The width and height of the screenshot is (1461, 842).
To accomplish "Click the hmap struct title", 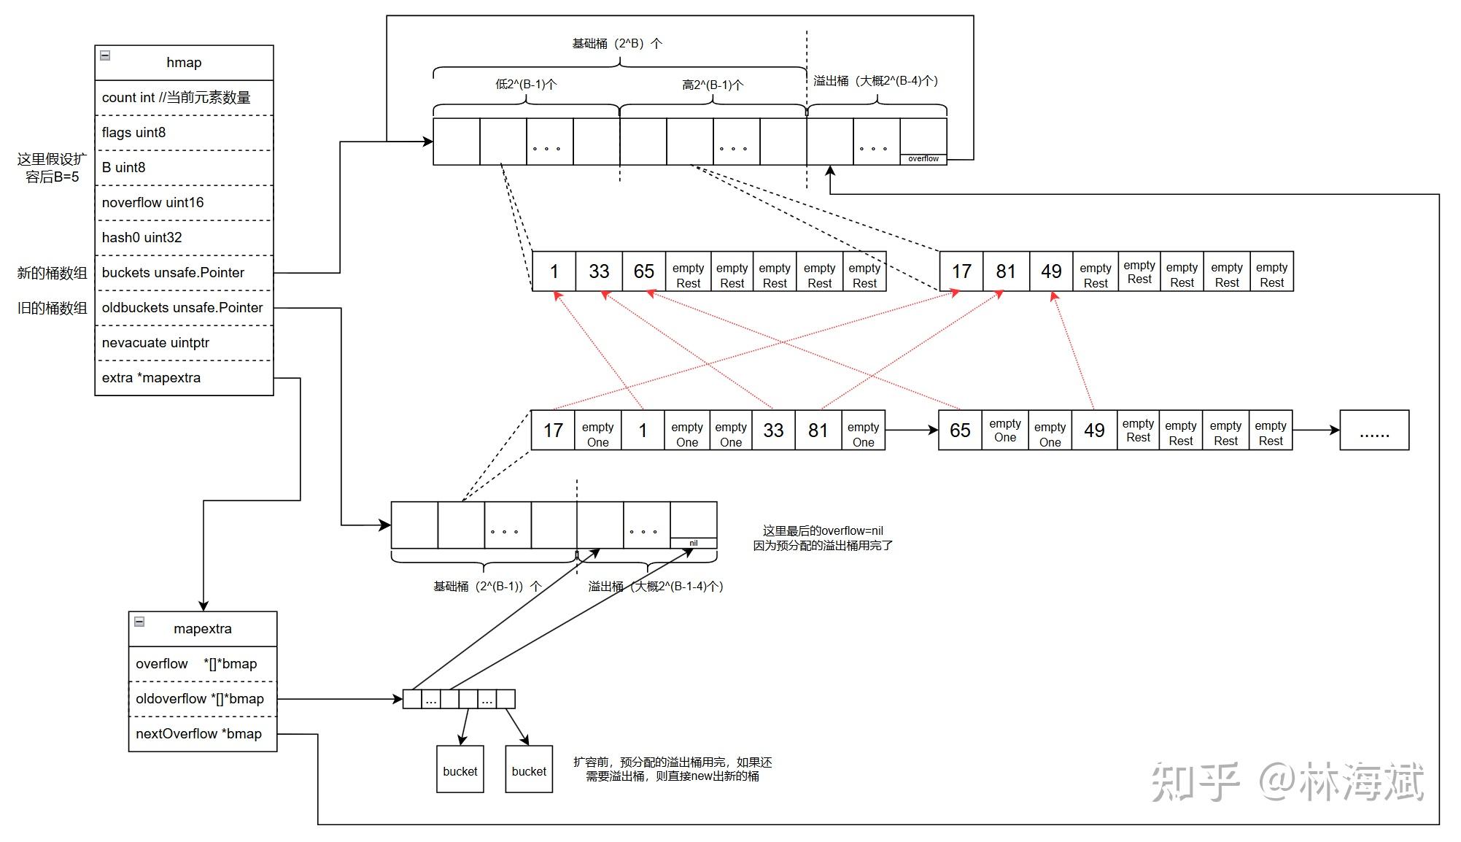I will [184, 63].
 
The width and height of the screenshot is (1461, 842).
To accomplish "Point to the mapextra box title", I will [202, 629].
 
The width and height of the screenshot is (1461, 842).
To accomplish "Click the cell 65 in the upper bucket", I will [643, 271].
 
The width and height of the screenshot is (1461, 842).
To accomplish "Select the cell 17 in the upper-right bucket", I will [961, 271].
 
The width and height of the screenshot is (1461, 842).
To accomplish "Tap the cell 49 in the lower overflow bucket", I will [1093, 430].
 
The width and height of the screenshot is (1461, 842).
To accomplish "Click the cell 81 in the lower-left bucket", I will [818, 430].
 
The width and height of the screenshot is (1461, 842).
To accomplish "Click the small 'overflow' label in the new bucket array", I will [923, 159].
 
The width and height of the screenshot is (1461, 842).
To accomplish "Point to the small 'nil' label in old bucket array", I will [693, 544].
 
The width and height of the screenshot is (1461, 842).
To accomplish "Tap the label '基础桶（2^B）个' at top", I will [617, 44].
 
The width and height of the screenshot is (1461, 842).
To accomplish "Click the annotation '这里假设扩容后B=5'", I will [52, 168].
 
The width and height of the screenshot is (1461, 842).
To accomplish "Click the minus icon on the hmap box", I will [105, 55].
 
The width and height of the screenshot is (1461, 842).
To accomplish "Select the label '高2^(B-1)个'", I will [713, 85].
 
